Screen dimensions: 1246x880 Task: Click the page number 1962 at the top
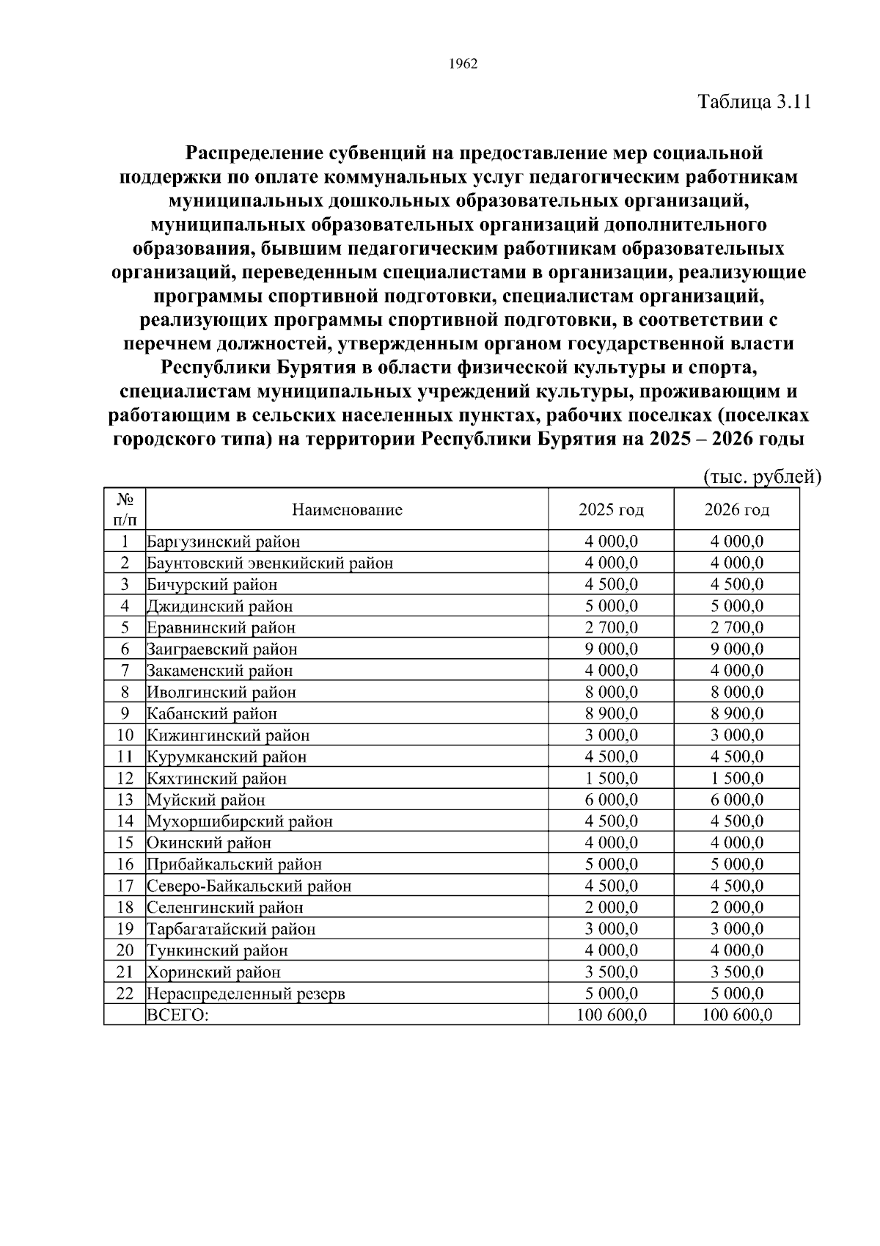click(463, 64)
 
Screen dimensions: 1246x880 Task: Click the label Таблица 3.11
click(754, 101)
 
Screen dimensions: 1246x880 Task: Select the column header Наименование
click(347, 509)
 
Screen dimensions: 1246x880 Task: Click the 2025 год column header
click(611, 509)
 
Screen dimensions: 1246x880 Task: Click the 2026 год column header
click(736, 509)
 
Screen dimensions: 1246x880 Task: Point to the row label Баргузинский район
click(224, 542)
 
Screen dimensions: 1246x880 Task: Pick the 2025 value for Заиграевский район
click(611, 649)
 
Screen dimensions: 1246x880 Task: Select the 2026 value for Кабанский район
click(736, 713)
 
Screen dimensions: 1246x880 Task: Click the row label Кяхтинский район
click(217, 778)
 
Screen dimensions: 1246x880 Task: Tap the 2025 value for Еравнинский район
click(611, 627)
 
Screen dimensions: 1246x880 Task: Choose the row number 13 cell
click(125, 799)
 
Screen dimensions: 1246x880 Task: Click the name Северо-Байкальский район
click(249, 886)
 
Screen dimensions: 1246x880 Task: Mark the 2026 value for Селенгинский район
click(736, 907)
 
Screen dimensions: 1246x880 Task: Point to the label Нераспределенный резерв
click(246, 994)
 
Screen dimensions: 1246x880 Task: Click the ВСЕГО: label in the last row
click(178, 1015)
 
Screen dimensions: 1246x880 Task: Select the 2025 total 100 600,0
click(611, 1015)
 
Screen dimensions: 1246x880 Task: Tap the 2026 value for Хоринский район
click(736, 972)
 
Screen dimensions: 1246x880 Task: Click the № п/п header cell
click(125, 509)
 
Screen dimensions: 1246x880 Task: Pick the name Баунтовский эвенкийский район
click(270, 563)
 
